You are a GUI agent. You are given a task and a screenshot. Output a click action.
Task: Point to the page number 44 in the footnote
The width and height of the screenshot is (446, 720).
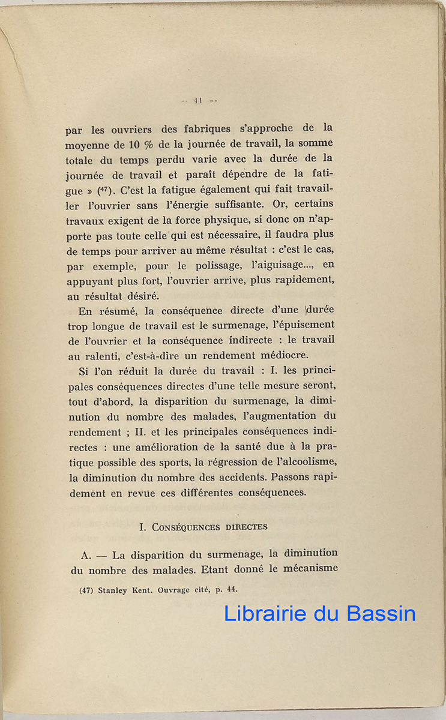click(223, 589)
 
